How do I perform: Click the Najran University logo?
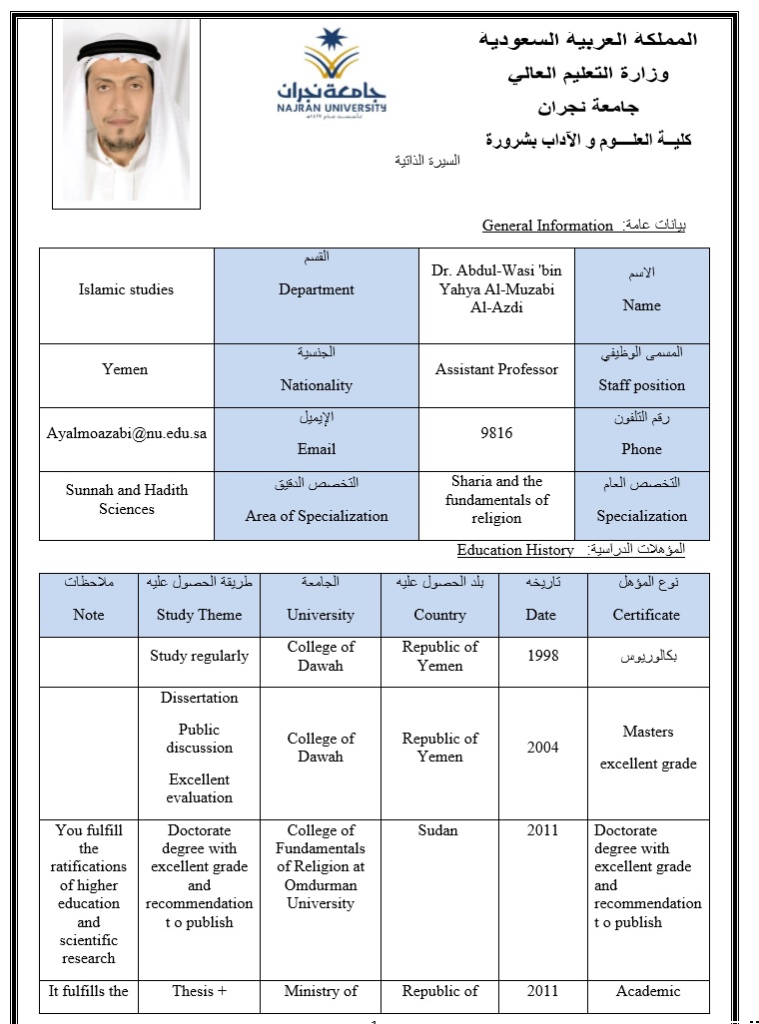coord(331,72)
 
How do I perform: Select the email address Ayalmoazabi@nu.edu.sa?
coord(127,433)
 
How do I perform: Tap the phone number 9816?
coord(496,433)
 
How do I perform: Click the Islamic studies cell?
coord(126,289)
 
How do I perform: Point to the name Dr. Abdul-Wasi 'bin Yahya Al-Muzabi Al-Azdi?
coord(496,288)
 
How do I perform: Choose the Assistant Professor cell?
coord(496,369)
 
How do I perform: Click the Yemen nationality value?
coord(125,369)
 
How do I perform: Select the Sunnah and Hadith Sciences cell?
coord(127,499)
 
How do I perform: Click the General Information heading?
coord(547,226)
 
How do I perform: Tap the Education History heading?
coord(515,550)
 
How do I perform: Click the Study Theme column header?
coord(199,615)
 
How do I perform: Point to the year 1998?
coord(542,656)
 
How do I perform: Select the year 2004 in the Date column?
coord(542,747)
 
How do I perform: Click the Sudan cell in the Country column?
coord(438,830)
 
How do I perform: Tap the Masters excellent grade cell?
coord(647,748)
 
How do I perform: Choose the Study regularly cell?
coord(199,656)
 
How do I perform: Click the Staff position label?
coord(641,385)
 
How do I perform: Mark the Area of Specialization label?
coord(317,516)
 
